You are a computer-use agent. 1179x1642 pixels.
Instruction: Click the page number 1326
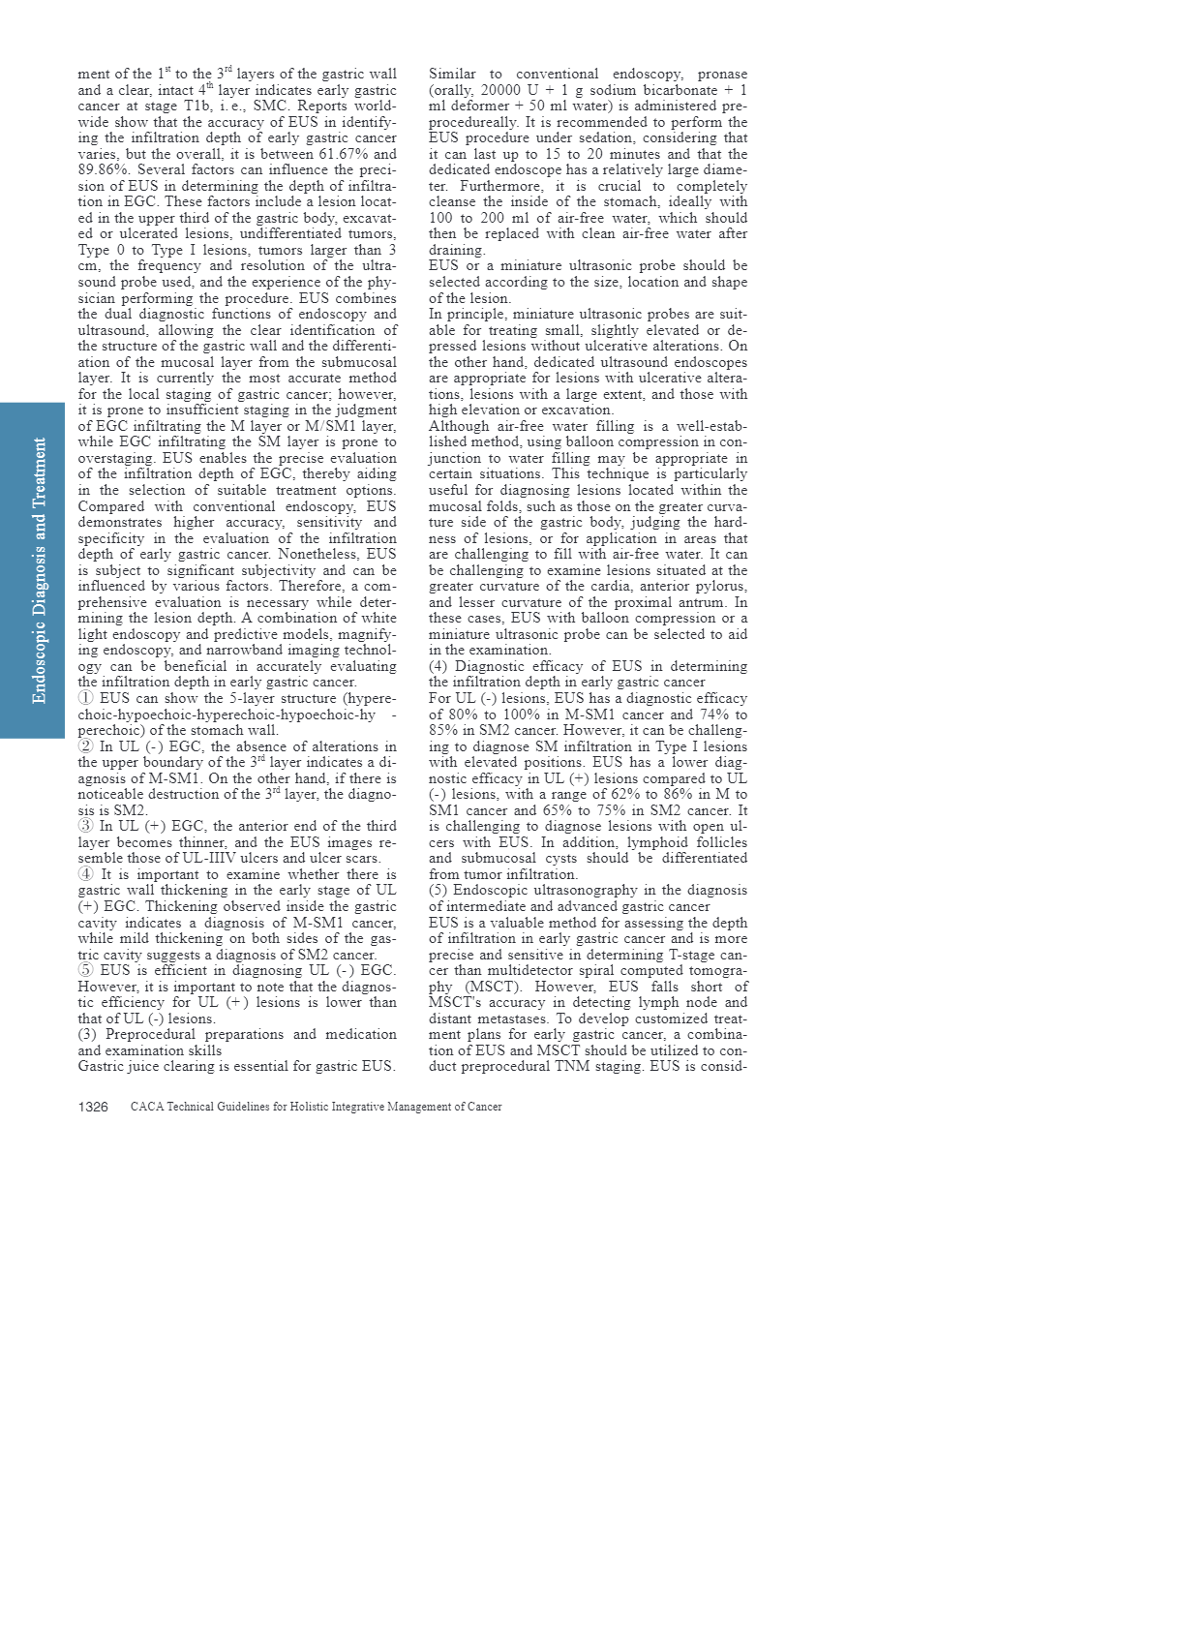pyautogui.click(x=93, y=1107)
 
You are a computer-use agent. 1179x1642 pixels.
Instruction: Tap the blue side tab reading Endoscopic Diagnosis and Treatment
pyautogui.click(x=32, y=570)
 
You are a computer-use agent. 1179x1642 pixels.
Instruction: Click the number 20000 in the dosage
pyautogui.click(x=500, y=90)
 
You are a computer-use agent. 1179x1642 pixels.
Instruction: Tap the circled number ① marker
pyautogui.click(x=86, y=698)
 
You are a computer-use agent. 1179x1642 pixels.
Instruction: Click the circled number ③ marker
pyautogui.click(x=86, y=826)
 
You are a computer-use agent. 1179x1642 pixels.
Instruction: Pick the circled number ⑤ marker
pyautogui.click(x=86, y=970)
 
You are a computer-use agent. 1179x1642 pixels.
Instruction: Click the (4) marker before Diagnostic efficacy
pyautogui.click(x=438, y=666)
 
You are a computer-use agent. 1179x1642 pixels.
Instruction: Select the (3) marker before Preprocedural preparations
pyautogui.click(x=88, y=1034)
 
